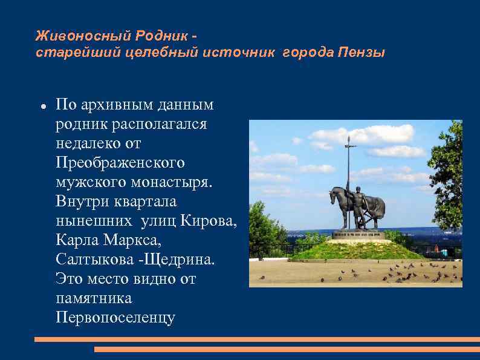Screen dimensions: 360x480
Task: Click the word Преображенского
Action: pyautogui.click(x=120, y=163)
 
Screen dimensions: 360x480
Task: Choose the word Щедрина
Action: pyautogui.click(x=183, y=260)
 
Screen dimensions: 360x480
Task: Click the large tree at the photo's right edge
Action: pyautogui.click(x=448, y=175)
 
